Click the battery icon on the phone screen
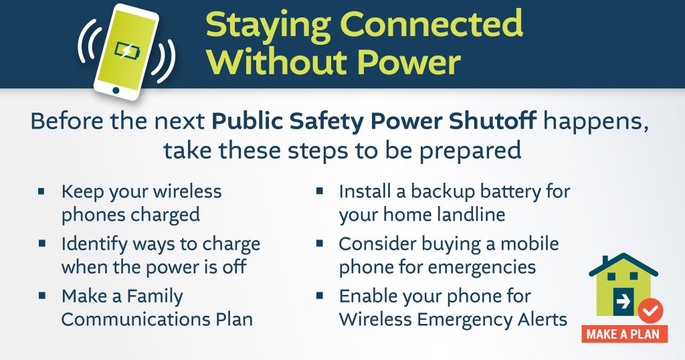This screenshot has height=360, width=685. click(127, 52)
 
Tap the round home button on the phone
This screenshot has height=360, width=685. click(116, 90)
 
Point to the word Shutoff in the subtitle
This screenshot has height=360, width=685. click(493, 121)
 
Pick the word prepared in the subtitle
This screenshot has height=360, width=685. click(470, 151)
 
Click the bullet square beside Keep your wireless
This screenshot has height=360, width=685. click(42, 191)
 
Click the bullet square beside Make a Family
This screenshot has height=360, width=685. click(42, 295)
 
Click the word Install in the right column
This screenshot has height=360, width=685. click(364, 191)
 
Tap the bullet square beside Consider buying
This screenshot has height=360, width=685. click(320, 243)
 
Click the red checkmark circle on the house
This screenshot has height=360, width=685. click(650, 311)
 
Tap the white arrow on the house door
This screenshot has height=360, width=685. click(623, 301)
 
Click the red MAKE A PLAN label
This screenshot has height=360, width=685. click(625, 334)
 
